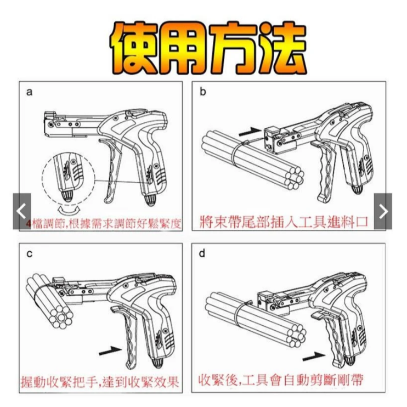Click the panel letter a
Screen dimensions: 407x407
29,92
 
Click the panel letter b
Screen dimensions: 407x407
202,92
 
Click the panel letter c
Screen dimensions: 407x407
29,254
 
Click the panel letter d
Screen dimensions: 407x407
202,254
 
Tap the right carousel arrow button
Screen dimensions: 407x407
383,211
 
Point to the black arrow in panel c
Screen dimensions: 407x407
110,348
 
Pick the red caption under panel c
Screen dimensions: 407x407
103,382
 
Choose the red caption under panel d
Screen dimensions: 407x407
280,380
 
